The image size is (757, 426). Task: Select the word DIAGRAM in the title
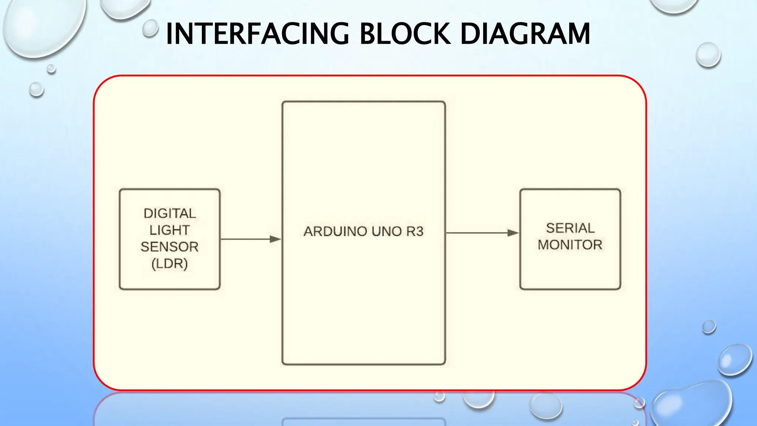pyautogui.click(x=525, y=34)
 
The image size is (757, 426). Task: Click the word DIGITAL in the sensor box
pyautogui.click(x=170, y=213)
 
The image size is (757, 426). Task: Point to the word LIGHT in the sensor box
pyautogui.click(x=170, y=230)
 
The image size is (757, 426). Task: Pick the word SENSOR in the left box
pyautogui.click(x=170, y=247)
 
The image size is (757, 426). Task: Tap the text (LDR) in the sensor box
pyautogui.click(x=170, y=264)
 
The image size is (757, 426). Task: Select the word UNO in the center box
pyautogui.click(x=387, y=231)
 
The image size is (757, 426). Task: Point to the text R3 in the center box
pyautogui.click(x=415, y=231)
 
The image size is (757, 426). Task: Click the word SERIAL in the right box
pyautogui.click(x=570, y=228)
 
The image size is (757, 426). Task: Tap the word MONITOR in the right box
pyautogui.click(x=570, y=245)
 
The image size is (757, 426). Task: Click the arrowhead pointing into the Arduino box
pyautogui.click(x=275, y=239)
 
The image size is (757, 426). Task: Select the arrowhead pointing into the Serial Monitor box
pyautogui.click(x=513, y=233)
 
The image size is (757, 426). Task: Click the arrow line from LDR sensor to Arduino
pyautogui.click(x=246, y=239)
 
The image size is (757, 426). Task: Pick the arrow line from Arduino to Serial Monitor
pyautogui.click(x=477, y=233)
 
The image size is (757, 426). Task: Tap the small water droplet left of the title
pyautogui.click(x=150, y=28)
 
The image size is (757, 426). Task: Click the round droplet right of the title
pyautogui.click(x=708, y=55)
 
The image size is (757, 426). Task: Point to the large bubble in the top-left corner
pyautogui.click(x=44, y=26)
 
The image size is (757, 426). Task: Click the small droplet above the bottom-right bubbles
pyautogui.click(x=709, y=327)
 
